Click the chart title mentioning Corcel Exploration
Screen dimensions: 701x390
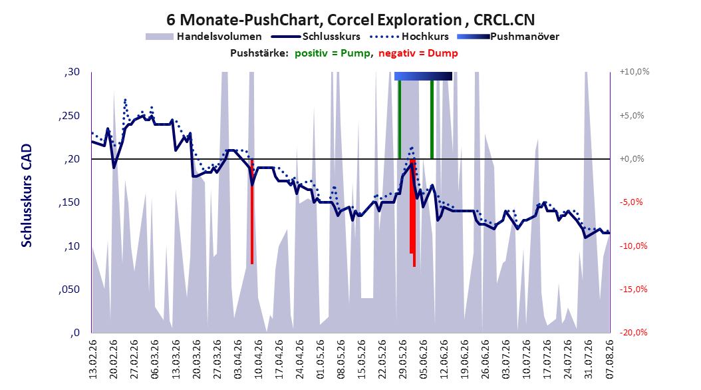[x=350, y=20]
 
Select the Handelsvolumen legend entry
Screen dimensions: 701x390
[x=204, y=37]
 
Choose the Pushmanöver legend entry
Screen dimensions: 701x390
[x=508, y=37]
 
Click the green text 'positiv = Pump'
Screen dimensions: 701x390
[x=333, y=53]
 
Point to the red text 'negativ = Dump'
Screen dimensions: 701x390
[x=418, y=53]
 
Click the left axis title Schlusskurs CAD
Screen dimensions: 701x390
[x=27, y=195]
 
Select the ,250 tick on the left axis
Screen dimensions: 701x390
[x=69, y=116]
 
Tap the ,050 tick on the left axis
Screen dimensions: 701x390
[x=69, y=290]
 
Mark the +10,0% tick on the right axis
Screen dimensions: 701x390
[x=634, y=72]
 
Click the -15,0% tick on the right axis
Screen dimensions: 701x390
[x=633, y=290]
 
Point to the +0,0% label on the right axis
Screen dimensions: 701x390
[x=632, y=159]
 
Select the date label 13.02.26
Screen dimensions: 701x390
[x=93, y=359]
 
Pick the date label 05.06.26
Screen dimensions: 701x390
[x=422, y=359]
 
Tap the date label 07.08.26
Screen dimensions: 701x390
[x=609, y=359]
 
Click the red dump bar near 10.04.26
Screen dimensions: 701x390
[x=252, y=212]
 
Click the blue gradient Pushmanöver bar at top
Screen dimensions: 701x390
[x=423, y=76]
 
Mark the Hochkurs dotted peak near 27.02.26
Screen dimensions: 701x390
[x=125, y=100]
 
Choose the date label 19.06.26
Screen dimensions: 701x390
[x=464, y=359]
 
